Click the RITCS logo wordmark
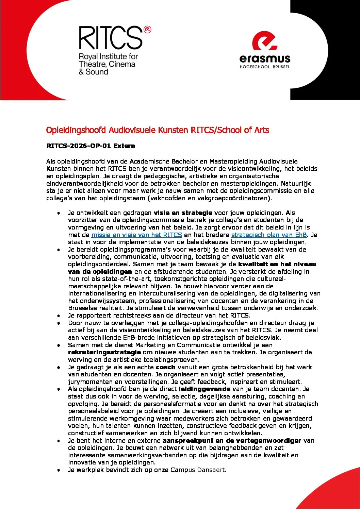111,38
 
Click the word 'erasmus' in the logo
265,59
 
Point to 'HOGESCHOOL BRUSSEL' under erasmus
265,67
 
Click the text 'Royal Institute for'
108,56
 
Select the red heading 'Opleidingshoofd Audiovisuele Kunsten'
117,130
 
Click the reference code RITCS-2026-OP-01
79,146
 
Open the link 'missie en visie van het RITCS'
137,235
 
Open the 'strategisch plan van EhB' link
269,235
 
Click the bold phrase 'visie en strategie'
183,213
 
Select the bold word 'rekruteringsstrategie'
104,352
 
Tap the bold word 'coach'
165,367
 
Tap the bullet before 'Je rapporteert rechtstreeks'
59,316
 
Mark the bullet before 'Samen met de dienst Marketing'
59,345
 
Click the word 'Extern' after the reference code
124,146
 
